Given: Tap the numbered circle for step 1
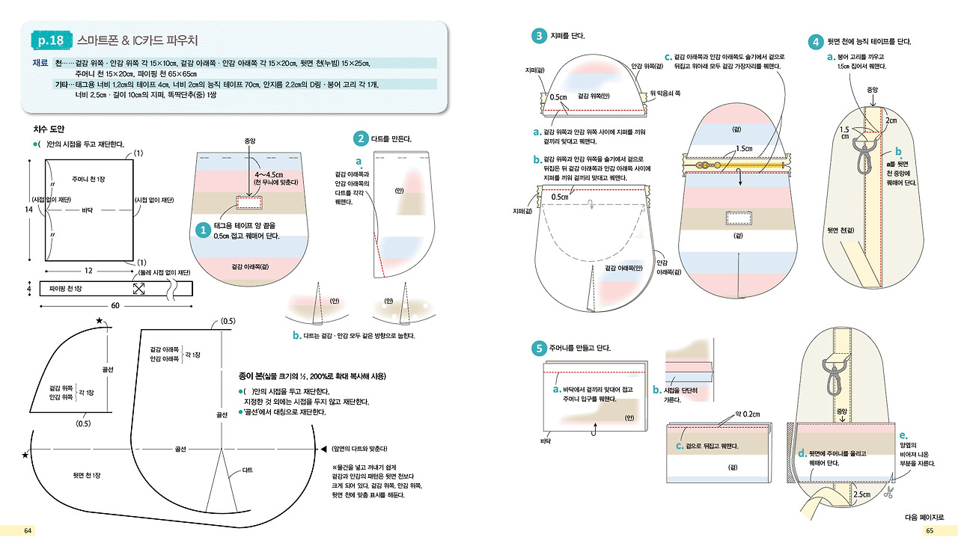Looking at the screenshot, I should point(201,231).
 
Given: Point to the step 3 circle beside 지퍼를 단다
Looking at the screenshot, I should point(539,35).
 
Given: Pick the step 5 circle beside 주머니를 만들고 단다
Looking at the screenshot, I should point(539,348).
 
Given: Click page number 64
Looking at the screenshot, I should point(28,530).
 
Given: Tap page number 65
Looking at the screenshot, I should point(930,530).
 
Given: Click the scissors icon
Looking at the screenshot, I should point(888,492).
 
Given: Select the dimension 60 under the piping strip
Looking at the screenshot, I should point(115,304).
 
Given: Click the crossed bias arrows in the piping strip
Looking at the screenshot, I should point(139,288).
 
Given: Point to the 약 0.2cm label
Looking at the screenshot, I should point(748,414).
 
